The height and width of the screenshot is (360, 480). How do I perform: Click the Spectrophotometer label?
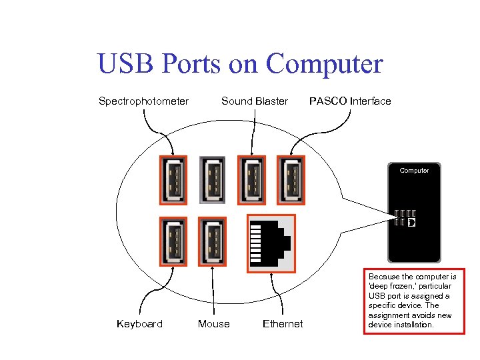click(143, 101)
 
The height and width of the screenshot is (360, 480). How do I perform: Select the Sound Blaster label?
click(254, 101)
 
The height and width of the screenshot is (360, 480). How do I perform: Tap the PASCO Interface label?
click(350, 101)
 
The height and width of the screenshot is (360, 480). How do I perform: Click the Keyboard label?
click(139, 324)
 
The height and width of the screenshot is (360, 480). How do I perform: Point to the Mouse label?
click(213, 324)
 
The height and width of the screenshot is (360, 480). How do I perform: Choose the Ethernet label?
click(283, 324)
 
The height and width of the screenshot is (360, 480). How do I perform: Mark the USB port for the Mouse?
click(213, 241)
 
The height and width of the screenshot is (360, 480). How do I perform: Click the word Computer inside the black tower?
click(414, 171)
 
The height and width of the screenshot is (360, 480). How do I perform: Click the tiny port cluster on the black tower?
click(405, 218)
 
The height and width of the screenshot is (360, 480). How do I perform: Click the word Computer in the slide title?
click(325, 65)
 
